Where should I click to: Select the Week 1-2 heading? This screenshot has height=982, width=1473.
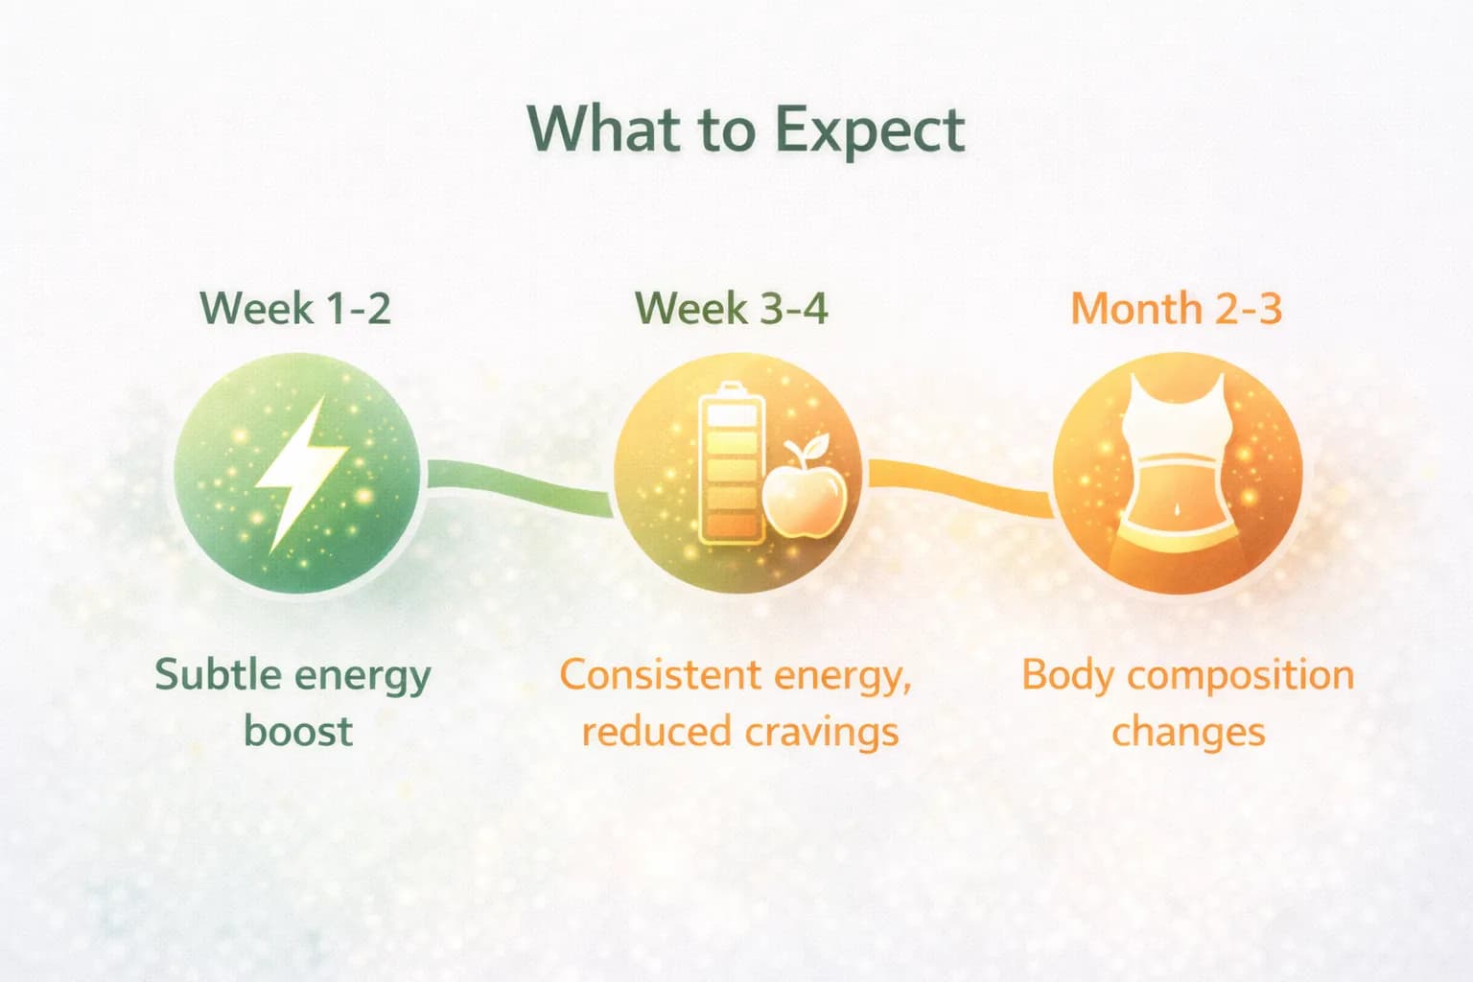(295, 309)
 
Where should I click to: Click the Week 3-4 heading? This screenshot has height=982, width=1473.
(732, 309)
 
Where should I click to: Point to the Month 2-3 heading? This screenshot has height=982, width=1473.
(1176, 309)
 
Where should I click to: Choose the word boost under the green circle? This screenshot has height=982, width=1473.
(297, 731)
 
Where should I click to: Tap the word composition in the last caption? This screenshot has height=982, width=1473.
(1243, 676)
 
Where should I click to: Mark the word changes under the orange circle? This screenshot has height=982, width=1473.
(1188, 733)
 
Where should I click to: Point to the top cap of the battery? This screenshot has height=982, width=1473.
(731, 388)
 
